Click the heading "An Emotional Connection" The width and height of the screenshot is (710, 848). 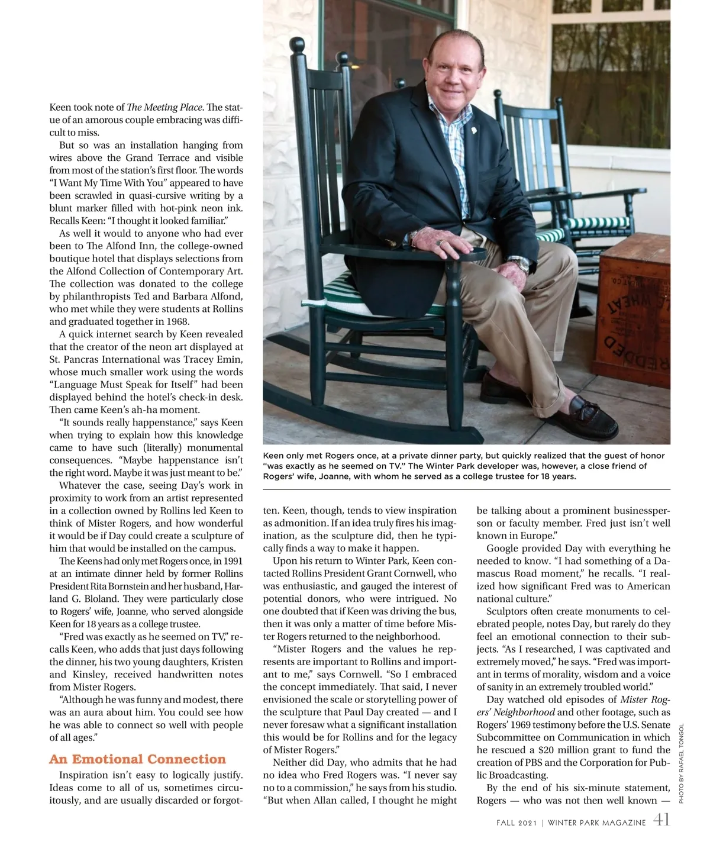tap(137, 759)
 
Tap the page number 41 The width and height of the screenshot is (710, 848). tap(661, 820)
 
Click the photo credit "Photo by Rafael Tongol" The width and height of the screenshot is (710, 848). tap(681, 763)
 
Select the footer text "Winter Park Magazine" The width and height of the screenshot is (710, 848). tap(596, 823)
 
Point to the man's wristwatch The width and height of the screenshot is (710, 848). tap(519, 262)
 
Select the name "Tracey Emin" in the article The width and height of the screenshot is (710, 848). tap(217, 359)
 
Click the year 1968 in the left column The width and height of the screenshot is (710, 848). tap(176, 321)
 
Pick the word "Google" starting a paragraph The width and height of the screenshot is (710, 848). tap(504, 548)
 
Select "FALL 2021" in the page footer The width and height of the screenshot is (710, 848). tap(516, 823)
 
